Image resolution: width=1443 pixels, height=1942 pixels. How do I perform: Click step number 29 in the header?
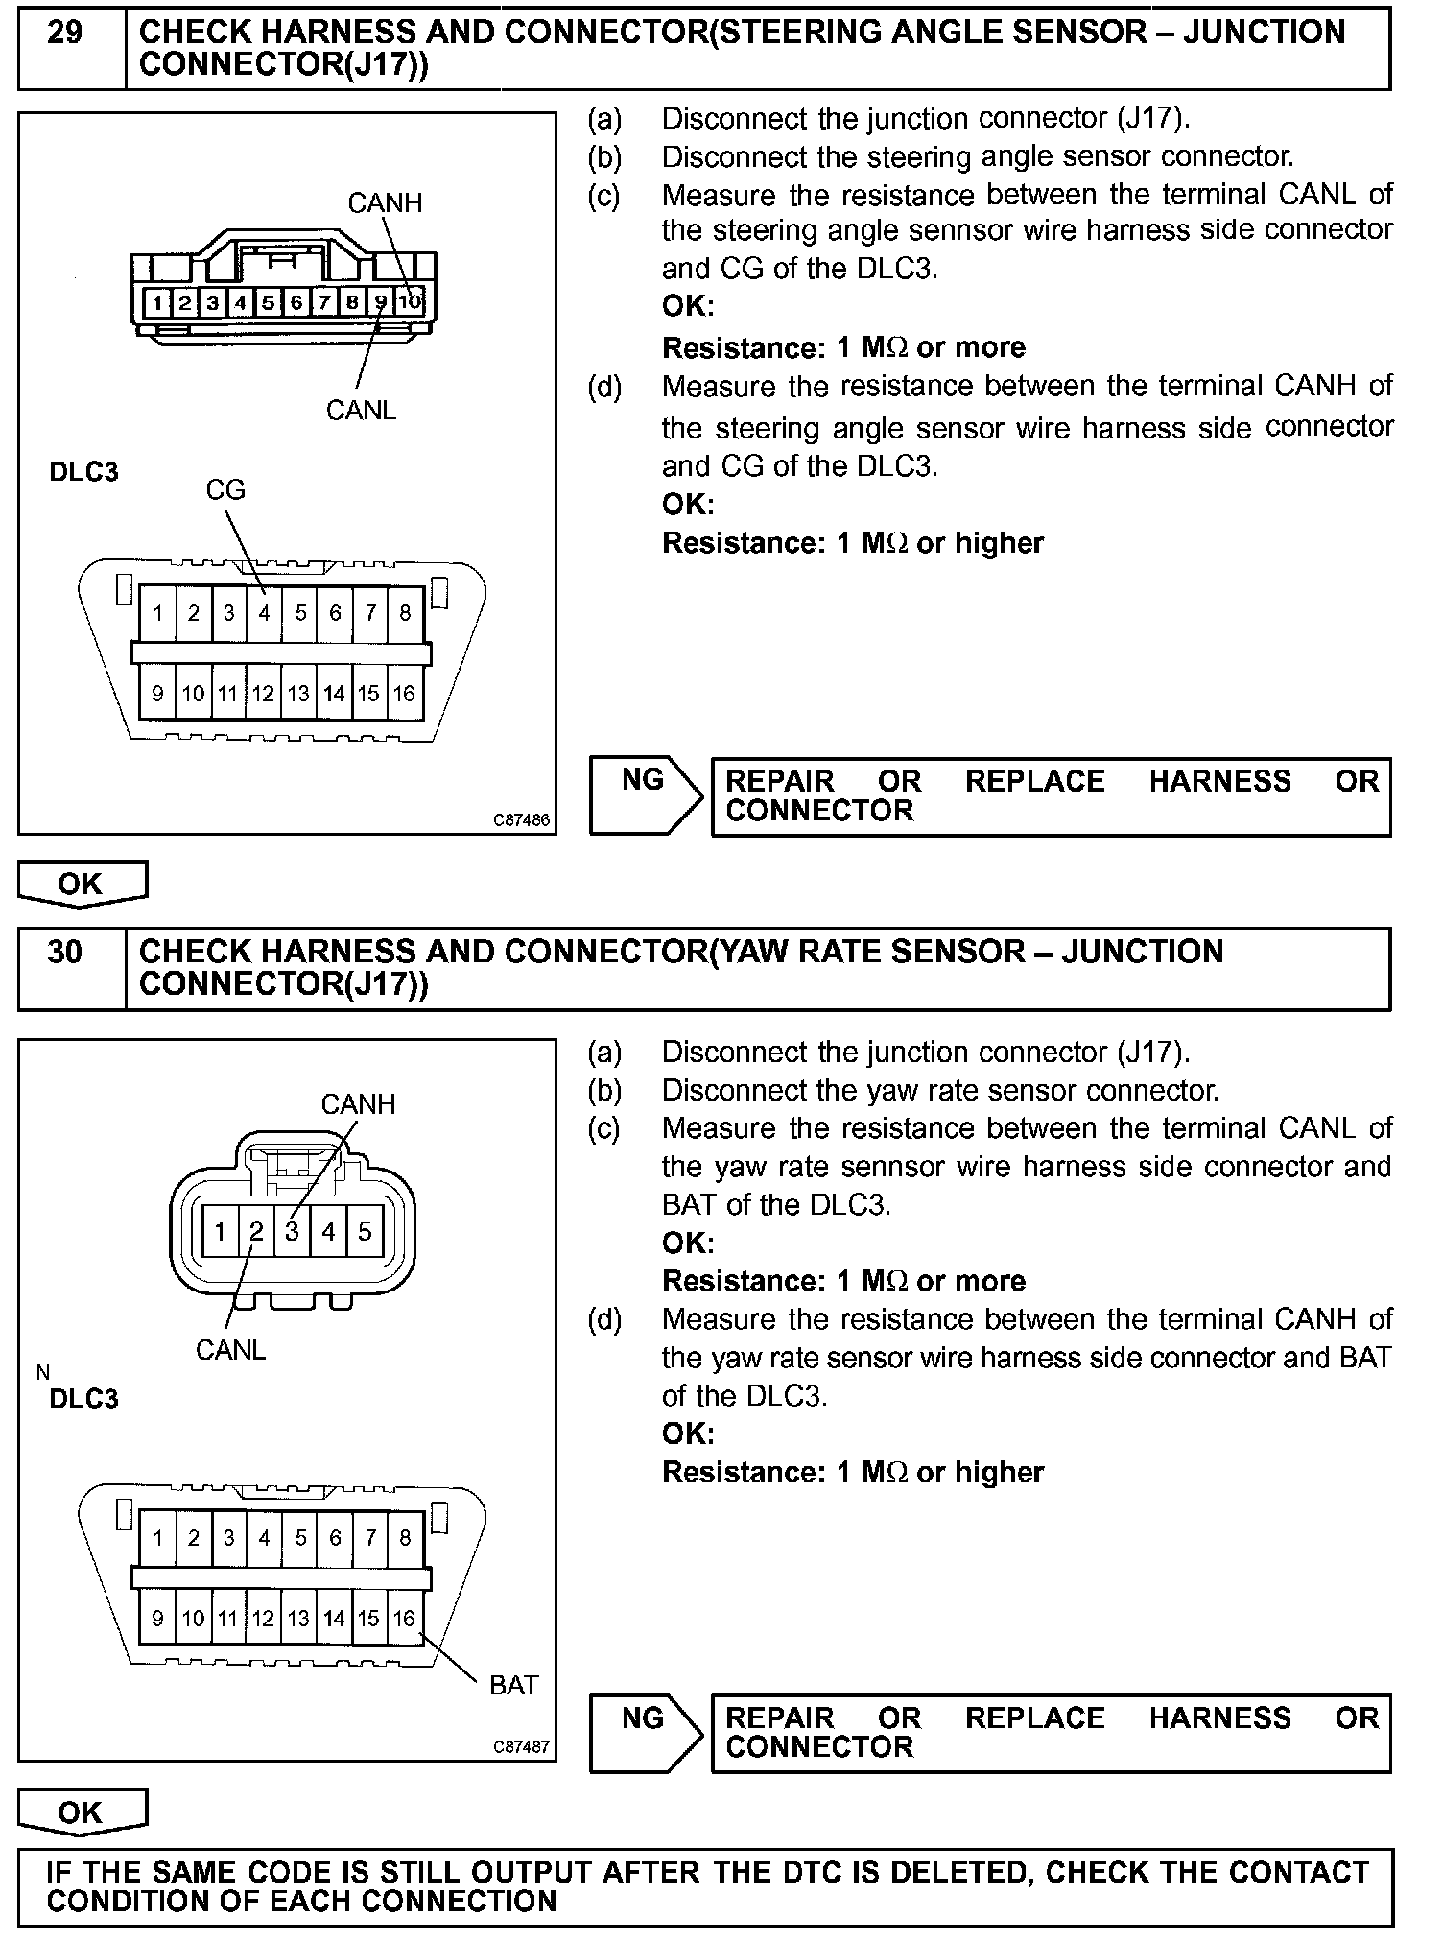(x=65, y=34)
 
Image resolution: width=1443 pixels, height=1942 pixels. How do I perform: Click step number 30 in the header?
(x=65, y=952)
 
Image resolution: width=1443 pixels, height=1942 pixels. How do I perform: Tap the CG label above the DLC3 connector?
(x=225, y=490)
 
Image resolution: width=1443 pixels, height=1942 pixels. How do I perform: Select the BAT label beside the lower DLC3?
(x=513, y=1685)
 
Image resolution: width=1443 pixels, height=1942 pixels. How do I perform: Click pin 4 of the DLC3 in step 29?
(x=264, y=613)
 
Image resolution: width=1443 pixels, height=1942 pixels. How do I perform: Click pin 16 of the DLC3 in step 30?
(x=404, y=1619)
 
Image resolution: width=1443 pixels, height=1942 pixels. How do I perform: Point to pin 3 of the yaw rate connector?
(x=292, y=1231)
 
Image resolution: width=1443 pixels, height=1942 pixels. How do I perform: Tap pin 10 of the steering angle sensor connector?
(x=410, y=303)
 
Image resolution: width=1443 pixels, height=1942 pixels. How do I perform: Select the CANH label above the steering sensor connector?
(x=384, y=202)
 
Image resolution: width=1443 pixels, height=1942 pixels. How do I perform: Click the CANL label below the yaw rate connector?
(x=230, y=1350)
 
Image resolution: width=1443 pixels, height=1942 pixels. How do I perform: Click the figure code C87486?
(x=522, y=820)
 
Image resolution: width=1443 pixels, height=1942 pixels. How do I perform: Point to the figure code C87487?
(x=522, y=1747)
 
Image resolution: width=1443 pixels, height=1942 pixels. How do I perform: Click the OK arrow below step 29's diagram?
(x=82, y=883)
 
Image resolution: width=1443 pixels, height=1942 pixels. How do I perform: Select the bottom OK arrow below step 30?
(x=82, y=1812)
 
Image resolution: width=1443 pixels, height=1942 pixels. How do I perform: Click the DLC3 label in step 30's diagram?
(x=83, y=1398)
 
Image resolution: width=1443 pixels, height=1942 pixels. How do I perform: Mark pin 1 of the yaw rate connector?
(x=220, y=1231)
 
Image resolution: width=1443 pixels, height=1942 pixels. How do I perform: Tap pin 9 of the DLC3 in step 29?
(x=158, y=694)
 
